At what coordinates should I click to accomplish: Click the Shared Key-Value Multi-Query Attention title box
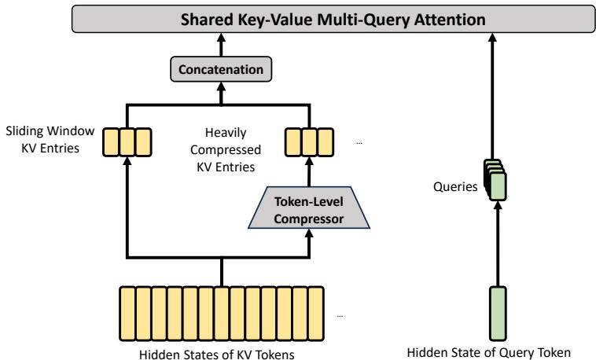[x=297, y=17]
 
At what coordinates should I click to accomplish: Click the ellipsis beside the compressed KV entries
[x=359, y=143]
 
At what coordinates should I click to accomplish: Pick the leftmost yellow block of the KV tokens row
[x=125, y=312]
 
